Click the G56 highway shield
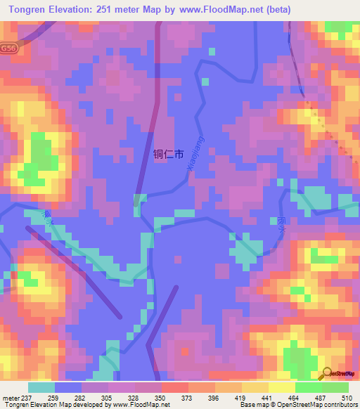tap(8, 48)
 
